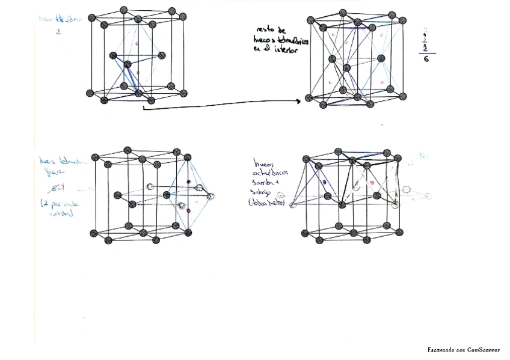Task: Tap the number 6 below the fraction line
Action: [x=426, y=60]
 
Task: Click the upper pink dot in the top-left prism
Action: [x=138, y=43]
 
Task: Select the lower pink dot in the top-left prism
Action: [x=139, y=73]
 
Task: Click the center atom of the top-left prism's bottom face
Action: [x=138, y=93]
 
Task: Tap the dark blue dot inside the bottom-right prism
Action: [x=324, y=181]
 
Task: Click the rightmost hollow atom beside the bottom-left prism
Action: [x=210, y=197]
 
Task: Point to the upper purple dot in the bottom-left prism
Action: [x=188, y=182]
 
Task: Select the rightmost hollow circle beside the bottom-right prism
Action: [x=428, y=195]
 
